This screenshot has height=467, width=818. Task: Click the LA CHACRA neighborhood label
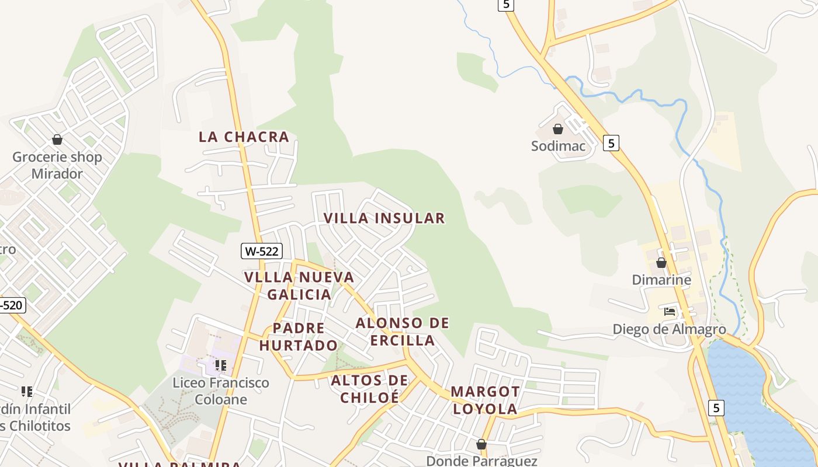pos(244,137)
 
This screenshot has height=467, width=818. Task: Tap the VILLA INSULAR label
pos(384,218)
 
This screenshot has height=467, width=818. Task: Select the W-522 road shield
pos(262,252)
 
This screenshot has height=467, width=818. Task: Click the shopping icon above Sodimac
pos(558,129)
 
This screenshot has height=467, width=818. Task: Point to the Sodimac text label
pos(558,146)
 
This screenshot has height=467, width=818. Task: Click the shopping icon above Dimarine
pos(661,263)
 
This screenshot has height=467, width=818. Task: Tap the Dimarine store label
pos(661,280)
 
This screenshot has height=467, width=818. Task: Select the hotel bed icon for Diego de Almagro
pos(670,312)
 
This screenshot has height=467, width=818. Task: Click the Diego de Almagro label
pos(669,329)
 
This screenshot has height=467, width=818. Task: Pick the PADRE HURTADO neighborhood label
pos(299,337)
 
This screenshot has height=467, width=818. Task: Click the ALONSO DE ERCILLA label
pos(403,332)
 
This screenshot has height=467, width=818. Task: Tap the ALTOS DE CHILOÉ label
pos(369,389)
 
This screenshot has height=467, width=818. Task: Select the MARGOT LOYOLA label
pos(485,400)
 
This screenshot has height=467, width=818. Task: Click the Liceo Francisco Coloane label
pos(221,391)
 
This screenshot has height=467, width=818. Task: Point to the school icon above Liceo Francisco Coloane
pos(220,365)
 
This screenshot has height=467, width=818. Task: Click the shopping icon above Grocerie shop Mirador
pos(57,140)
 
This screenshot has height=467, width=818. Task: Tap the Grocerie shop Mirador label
pos(57,165)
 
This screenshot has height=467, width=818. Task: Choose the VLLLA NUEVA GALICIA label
pos(299,285)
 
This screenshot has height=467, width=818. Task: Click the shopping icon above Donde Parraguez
pos(481,445)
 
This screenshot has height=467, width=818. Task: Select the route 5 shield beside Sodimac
pos(611,143)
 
